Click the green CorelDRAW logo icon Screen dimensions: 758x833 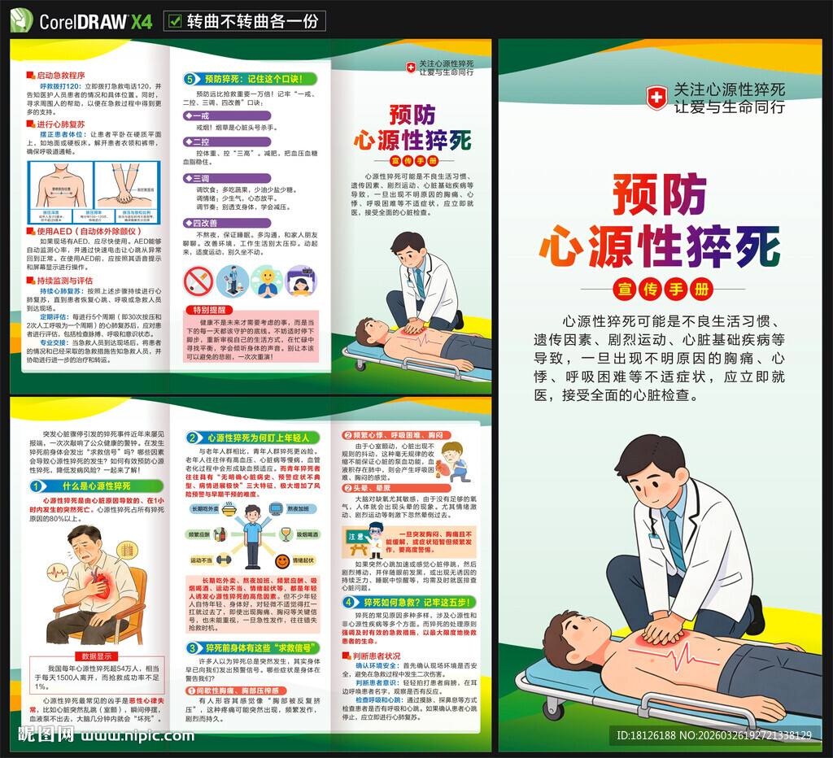[21, 20]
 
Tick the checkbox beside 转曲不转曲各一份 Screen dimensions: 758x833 [174, 21]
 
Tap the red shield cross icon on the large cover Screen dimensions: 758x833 [656, 97]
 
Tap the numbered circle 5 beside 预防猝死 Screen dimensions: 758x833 [190, 79]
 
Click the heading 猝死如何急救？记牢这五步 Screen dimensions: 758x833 [417, 602]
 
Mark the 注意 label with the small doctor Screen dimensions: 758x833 [363, 537]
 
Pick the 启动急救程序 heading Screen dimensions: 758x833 [61, 74]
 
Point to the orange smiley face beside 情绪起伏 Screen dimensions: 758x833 [282, 561]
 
